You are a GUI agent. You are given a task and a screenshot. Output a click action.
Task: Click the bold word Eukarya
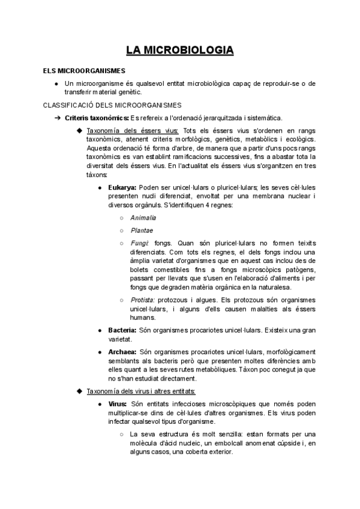122,188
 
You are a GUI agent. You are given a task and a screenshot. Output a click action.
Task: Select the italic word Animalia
143,217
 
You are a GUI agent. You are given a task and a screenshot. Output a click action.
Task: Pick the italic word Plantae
142,230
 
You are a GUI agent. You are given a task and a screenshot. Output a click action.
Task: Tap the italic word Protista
142,300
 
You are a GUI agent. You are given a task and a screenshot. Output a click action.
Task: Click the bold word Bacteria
122,330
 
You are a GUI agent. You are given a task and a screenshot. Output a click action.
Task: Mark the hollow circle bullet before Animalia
121,217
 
